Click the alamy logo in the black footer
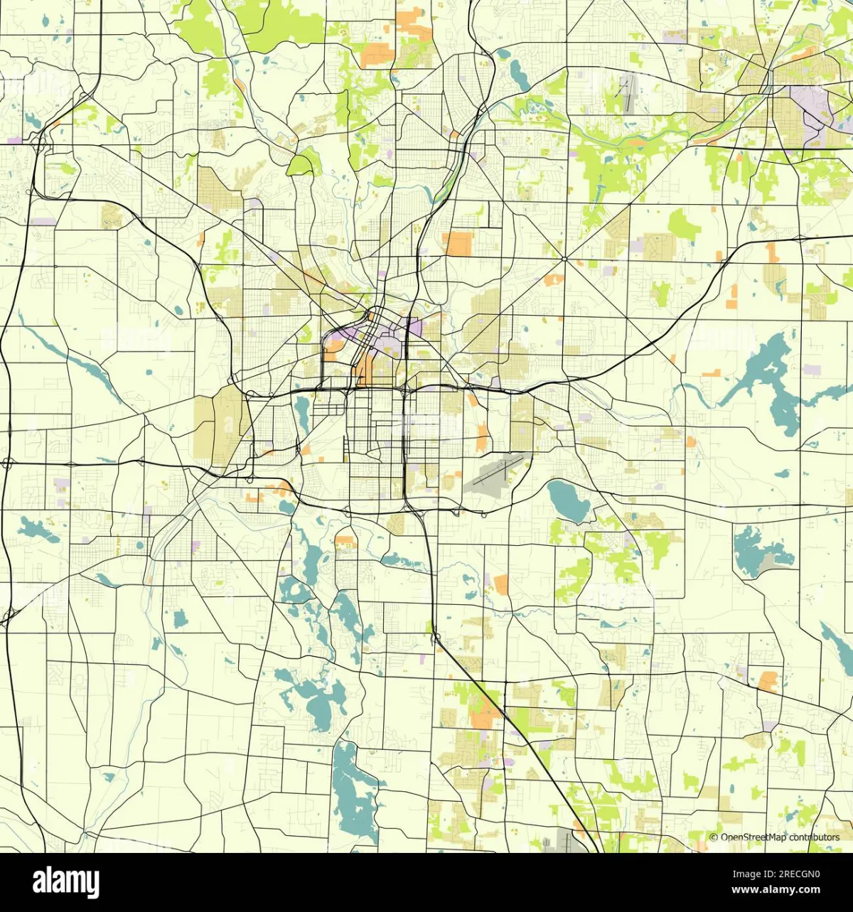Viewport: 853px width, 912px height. [66, 882]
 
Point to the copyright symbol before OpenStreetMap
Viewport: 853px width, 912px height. [714, 837]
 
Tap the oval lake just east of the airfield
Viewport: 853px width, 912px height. [569, 500]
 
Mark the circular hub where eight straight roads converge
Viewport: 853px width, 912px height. [564, 259]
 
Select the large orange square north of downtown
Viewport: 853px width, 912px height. [459, 244]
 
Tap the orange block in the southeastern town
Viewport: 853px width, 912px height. [768, 681]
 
